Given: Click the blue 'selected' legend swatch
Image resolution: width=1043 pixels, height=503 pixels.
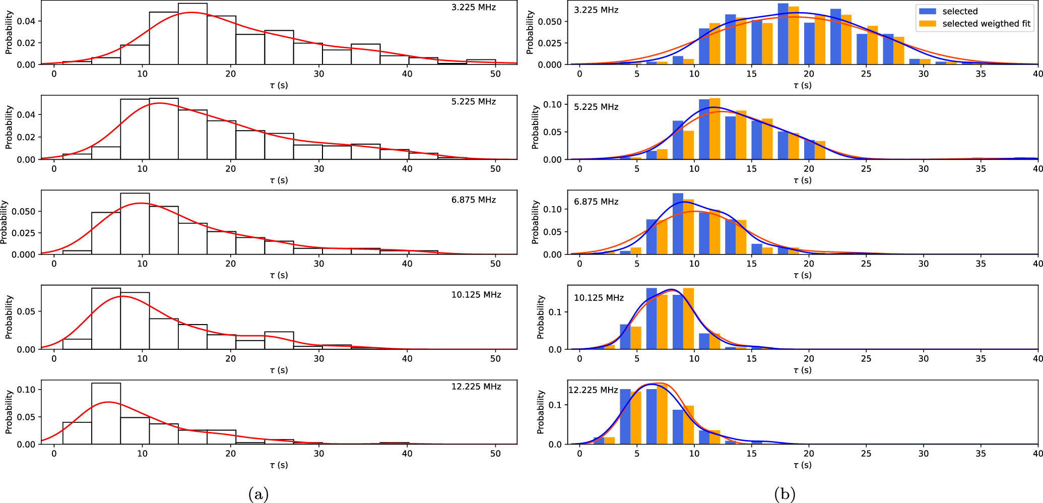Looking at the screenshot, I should click(x=927, y=11).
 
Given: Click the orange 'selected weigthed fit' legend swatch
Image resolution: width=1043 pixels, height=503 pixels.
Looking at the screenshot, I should click(x=927, y=24).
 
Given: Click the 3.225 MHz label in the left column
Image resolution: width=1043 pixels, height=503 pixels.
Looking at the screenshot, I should click(x=473, y=8).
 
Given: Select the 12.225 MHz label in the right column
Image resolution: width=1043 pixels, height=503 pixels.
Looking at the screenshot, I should click(x=593, y=390).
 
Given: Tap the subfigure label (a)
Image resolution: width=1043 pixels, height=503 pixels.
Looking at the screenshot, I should click(x=258, y=494).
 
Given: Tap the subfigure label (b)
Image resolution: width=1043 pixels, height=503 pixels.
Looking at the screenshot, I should click(x=785, y=494).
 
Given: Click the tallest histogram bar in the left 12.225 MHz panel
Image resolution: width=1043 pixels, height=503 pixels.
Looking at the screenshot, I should click(x=106, y=413).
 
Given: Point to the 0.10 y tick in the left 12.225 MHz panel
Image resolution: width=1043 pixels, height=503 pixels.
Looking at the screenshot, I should click(x=26, y=390).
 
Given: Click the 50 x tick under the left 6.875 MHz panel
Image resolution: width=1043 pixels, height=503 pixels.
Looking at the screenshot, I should click(x=495, y=264).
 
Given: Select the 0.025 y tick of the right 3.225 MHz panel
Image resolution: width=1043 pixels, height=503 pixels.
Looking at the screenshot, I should click(x=550, y=43).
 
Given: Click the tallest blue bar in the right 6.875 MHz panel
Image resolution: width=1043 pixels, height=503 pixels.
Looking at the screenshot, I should click(x=678, y=224).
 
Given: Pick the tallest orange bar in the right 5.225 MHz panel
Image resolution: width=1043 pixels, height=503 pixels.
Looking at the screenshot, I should click(x=714, y=129).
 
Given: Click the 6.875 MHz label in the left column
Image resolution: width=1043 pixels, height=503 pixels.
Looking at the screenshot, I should click(x=473, y=200).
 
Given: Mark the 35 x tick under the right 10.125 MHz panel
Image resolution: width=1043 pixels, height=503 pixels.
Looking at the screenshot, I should click(x=981, y=358).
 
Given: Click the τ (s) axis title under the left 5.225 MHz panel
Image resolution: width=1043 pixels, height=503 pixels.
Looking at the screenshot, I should click(x=279, y=180).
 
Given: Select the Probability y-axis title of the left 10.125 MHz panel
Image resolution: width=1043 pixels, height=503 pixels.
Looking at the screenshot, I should click(x=9, y=317).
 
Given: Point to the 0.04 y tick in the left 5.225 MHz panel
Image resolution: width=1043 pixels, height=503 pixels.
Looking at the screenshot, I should click(x=26, y=115).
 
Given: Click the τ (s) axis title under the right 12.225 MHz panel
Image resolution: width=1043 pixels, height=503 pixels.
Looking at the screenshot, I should click(x=802, y=465).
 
